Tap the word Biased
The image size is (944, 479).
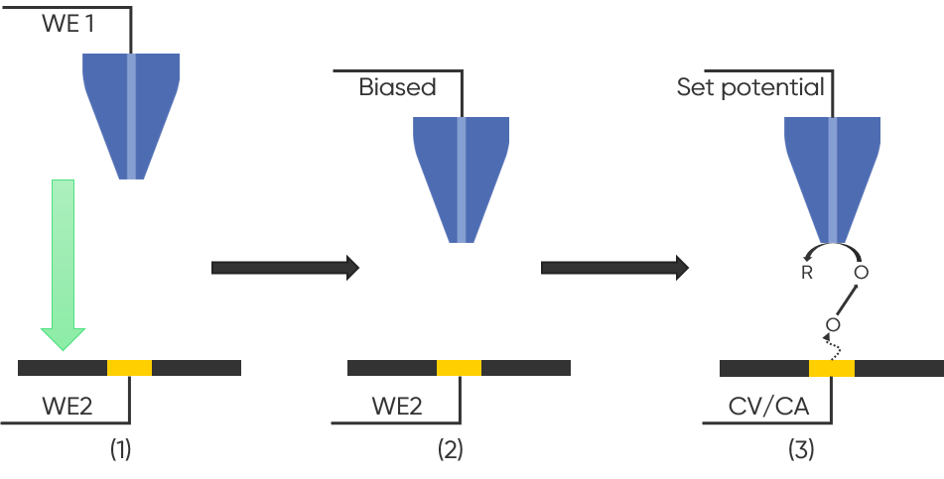pyautogui.click(x=398, y=87)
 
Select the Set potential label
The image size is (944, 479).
pyautogui.click(x=750, y=87)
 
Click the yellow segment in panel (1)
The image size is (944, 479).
pyautogui.click(x=129, y=367)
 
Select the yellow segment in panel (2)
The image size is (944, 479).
pyautogui.click(x=459, y=367)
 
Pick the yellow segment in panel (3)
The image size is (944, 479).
pyautogui.click(x=832, y=368)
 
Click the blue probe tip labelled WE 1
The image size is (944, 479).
pyautogui.click(x=131, y=114)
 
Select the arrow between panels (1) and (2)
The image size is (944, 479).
pyautogui.click(x=285, y=267)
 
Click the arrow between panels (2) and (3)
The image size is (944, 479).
pyautogui.click(x=614, y=267)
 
